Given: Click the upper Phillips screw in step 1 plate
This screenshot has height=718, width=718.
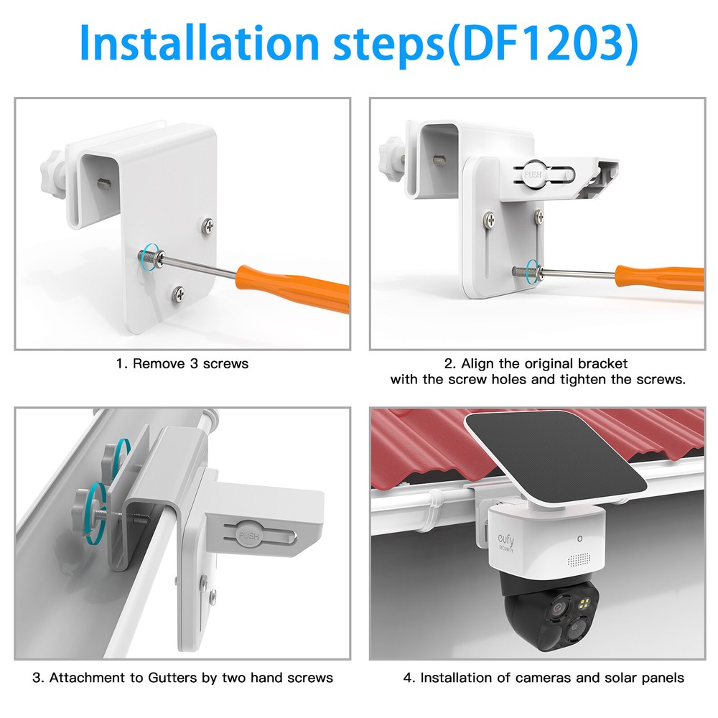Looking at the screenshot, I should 207,225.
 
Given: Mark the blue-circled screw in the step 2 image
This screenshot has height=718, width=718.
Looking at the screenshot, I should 532,271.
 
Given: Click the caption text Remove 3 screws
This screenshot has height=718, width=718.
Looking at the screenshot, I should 182,363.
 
